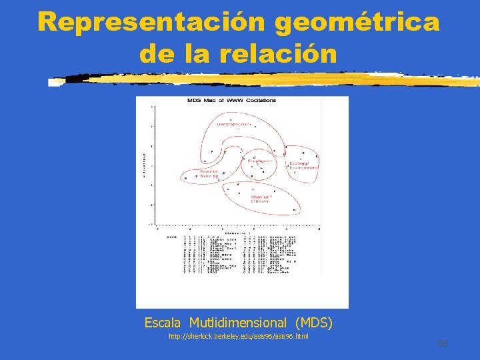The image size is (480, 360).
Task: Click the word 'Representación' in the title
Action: click(x=152, y=22)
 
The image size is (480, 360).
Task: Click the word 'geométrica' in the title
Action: click(x=357, y=22)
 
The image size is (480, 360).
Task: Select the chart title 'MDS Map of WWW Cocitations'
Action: click(x=231, y=101)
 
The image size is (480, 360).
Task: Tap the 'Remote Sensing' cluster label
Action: click(x=209, y=173)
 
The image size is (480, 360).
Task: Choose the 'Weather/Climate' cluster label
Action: click(x=261, y=199)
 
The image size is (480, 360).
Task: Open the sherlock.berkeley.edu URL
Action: click(x=237, y=336)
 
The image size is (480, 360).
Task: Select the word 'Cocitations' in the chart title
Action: click(x=262, y=101)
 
